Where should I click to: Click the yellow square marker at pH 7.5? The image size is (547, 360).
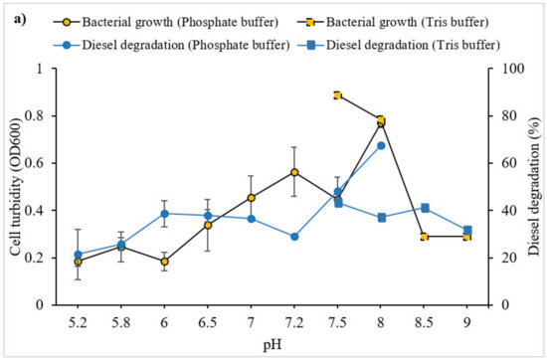[338, 95]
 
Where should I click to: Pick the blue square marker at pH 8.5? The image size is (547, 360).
[425, 208]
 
